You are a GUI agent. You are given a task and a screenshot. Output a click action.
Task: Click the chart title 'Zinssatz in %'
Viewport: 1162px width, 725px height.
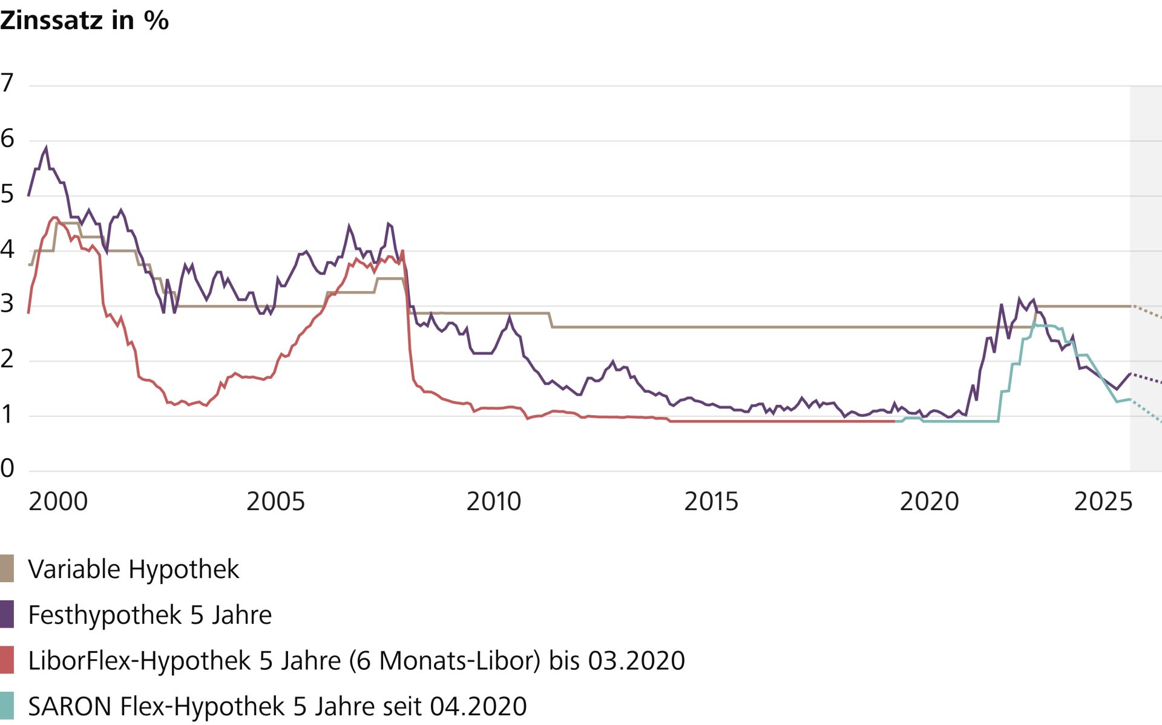[x=84, y=21]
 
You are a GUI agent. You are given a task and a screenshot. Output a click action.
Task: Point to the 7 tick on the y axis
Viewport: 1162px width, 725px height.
[x=7, y=83]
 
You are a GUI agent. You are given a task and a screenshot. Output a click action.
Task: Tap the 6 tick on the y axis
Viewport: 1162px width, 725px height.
[x=7, y=139]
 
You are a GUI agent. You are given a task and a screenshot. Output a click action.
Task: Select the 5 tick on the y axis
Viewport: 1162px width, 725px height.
[x=7, y=194]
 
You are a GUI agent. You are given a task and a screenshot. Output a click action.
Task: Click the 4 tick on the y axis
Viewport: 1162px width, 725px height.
[x=7, y=249]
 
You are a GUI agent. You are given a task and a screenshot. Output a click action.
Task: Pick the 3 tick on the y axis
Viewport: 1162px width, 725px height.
[x=7, y=304]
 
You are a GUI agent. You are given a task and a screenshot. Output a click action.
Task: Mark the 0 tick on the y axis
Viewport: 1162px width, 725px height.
[x=7, y=468]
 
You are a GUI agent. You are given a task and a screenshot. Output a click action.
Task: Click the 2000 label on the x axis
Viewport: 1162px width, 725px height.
[x=58, y=502]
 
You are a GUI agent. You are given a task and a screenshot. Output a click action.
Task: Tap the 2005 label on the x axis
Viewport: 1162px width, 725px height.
[x=275, y=502]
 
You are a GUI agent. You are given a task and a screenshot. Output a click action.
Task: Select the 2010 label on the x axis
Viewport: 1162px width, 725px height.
[x=493, y=502]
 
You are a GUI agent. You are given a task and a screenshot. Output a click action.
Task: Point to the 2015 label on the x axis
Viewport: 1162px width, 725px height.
[x=711, y=502]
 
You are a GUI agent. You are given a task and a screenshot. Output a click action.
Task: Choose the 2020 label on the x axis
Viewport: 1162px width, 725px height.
[x=929, y=502]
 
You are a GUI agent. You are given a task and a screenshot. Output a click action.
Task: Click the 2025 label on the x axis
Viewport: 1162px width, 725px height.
[x=1103, y=502]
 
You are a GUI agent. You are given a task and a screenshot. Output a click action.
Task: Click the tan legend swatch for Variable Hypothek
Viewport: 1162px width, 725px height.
[x=7, y=569]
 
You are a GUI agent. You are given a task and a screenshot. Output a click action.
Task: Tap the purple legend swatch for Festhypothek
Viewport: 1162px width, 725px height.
[x=7, y=615]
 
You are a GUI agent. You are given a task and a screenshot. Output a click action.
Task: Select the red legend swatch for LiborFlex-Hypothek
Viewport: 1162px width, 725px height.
[x=7, y=660]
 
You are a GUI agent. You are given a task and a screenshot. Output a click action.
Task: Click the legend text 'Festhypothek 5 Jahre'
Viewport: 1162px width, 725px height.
[x=150, y=615]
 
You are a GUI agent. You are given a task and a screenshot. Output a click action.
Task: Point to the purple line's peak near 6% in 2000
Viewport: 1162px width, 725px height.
[x=46, y=147]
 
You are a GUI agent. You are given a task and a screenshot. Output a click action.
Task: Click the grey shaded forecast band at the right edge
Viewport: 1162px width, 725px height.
[x=1146, y=242]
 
